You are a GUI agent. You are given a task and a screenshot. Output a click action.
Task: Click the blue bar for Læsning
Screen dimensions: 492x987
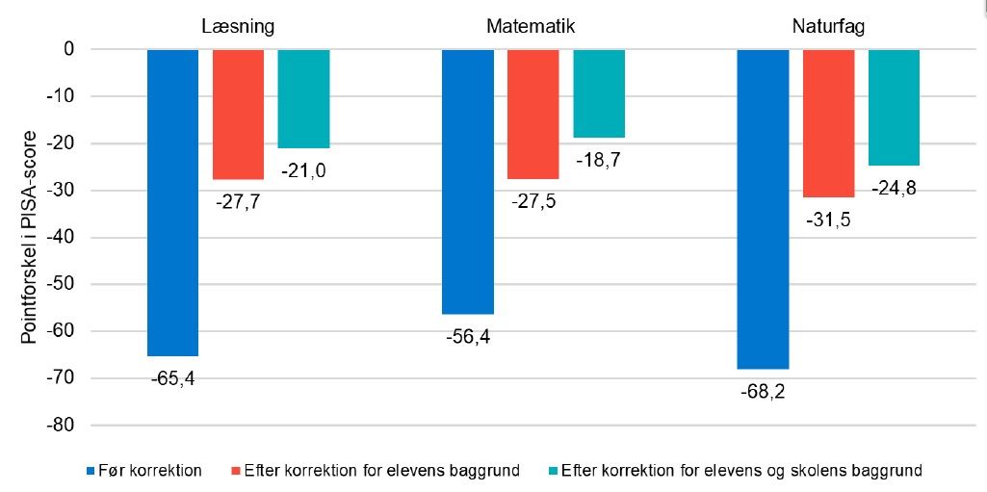[x=172, y=202]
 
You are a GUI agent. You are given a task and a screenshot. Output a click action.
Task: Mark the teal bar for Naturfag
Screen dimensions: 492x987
[x=894, y=107]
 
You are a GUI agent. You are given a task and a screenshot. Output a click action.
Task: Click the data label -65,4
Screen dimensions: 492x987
[x=172, y=378]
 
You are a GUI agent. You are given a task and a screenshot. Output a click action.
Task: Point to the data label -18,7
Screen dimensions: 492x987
[x=598, y=161]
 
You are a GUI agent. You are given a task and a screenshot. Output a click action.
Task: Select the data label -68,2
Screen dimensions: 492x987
[x=763, y=392]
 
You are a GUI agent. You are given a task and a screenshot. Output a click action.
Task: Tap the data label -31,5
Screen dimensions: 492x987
[x=828, y=220]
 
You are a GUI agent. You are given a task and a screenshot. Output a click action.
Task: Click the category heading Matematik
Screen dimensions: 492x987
[x=532, y=26]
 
